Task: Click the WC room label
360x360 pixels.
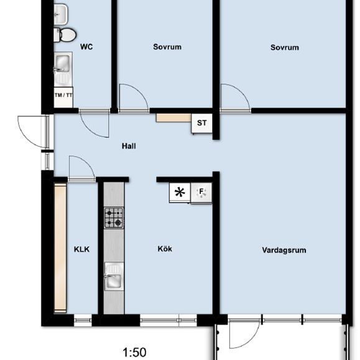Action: click(x=86, y=47)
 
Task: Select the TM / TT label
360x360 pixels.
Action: click(x=63, y=95)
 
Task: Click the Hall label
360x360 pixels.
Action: click(x=129, y=147)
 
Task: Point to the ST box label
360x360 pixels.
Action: click(x=201, y=123)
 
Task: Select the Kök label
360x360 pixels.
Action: click(x=165, y=249)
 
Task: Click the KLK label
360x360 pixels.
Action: click(x=81, y=249)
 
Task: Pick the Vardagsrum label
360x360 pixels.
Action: click(x=284, y=251)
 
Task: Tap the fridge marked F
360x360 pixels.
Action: click(x=202, y=192)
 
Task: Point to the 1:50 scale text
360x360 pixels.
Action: click(x=134, y=353)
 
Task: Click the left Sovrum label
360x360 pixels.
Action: click(x=167, y=47)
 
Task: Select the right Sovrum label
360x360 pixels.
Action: click(x=285, y=47)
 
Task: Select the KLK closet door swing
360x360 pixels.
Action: click(x=80, y=167)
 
